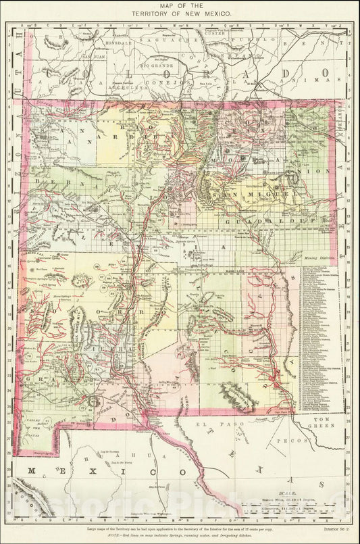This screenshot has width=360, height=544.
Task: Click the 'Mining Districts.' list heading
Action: coord(320,259)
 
